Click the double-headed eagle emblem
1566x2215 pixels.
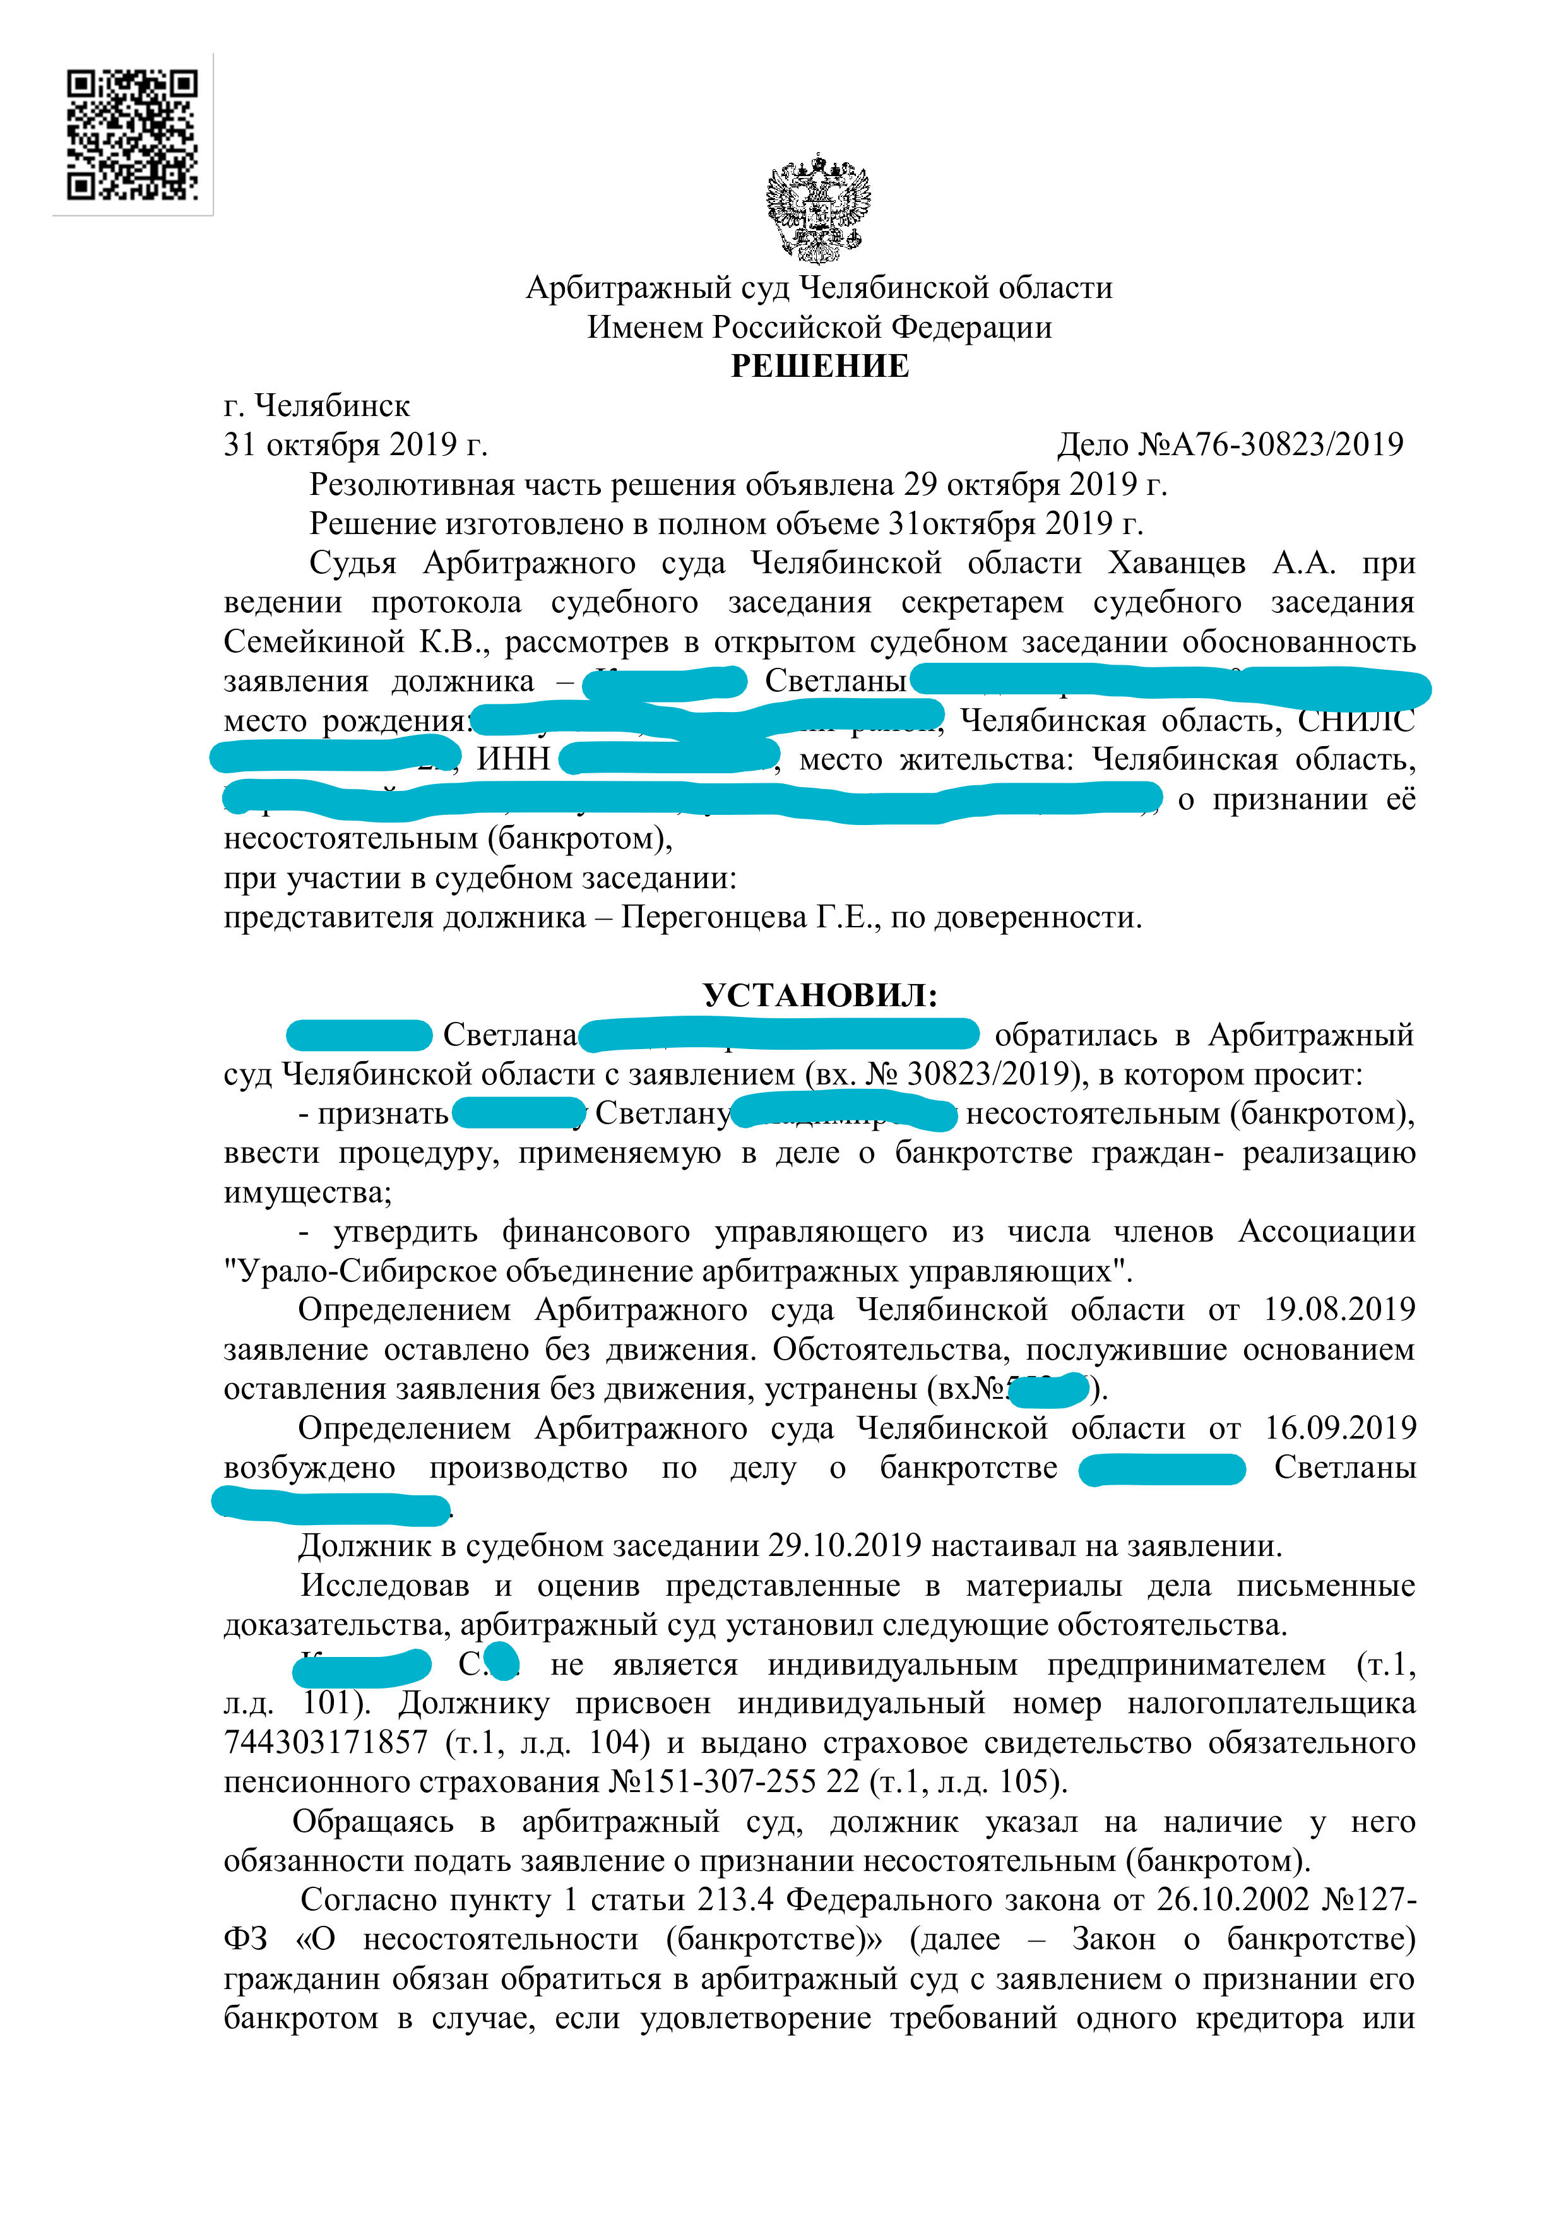click(x=818, y=208)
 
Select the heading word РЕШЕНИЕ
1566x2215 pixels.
click(x=819, y=367)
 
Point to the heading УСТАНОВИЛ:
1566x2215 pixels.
click(x=819, y=995)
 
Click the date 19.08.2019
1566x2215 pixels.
click(x=1339, y=1310)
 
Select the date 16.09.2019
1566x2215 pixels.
click(x=1339, y=1428)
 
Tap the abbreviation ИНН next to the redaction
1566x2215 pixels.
click(x=513, y=760)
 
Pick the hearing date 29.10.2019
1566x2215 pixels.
click(x=845, y=1547)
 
